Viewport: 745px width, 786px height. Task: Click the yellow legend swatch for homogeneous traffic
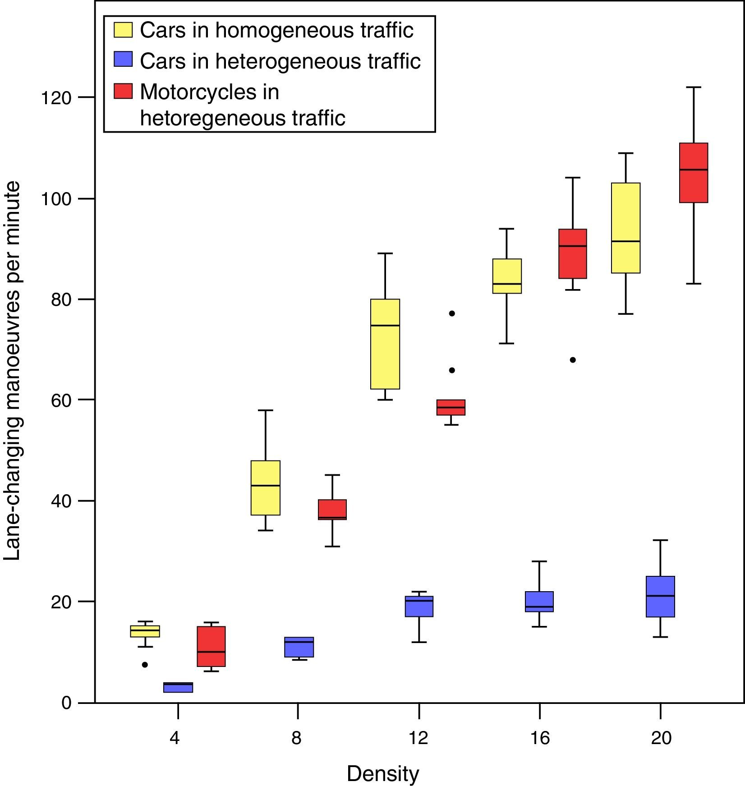pos(123,30)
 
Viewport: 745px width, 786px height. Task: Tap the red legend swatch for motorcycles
pos(123,91)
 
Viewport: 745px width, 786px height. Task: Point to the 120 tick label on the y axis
pos(56,97)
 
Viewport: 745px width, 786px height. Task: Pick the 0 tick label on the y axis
pos(67,703)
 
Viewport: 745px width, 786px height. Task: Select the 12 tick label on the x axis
pos(419,738)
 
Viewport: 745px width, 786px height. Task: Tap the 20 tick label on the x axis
pos(661,738)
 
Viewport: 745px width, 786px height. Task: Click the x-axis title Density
pos(382,774)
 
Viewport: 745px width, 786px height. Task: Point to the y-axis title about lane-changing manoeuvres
pos(12,371)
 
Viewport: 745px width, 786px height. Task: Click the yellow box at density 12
pos(385,344)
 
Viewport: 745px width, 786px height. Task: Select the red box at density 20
pos(694,173)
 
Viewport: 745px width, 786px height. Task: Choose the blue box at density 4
pos(178,687)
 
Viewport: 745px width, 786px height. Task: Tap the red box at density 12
pos(451,407)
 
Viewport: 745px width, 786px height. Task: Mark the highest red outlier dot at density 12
pos(452,313)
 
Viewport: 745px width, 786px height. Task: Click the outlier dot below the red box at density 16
pos(573,360)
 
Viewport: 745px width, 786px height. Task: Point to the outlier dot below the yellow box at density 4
pos(145,665)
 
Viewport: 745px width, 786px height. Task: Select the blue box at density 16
pos(539,602)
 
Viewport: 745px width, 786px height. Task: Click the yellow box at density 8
pos(266,487)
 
